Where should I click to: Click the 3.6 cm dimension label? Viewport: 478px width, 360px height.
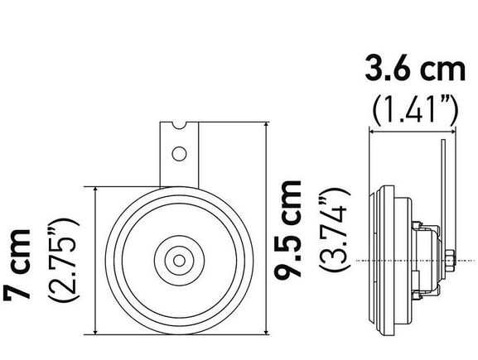coord(415,70)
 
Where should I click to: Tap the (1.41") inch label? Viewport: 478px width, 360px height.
coord(415,110)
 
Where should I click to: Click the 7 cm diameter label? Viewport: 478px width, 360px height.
coord(17,264)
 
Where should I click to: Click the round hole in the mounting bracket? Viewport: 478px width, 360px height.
coord(179,154)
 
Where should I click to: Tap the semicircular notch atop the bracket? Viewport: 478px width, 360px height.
coord(179,125)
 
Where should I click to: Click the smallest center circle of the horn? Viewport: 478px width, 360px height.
coord(179,261)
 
